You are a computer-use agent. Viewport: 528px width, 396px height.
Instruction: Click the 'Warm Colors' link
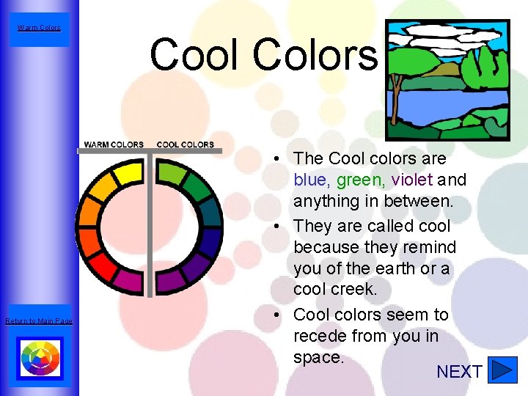[x=40, y=28]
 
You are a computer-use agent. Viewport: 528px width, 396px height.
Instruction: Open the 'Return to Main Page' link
[x=39, y=321]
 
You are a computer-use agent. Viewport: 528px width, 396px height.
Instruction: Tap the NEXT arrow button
[x=502, y=370]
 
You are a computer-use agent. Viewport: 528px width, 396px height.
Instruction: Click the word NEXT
[x=459, y=372]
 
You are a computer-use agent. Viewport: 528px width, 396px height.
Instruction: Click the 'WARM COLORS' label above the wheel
[x=114, y=144]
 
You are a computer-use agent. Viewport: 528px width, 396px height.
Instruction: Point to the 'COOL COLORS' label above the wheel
[x=186, y=144]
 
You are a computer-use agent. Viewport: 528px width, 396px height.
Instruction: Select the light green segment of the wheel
[x=172, y=174]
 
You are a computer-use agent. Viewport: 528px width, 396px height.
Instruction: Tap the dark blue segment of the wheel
[x=210, y=242]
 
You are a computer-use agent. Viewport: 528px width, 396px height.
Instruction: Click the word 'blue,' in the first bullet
[x=312, y=180]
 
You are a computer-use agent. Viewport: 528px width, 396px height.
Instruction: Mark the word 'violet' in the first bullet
[x=412, y=180]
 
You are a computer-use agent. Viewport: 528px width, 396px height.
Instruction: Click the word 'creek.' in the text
[x=335, y=289]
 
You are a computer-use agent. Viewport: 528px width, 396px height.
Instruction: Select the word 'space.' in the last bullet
[x=318, y=357]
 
